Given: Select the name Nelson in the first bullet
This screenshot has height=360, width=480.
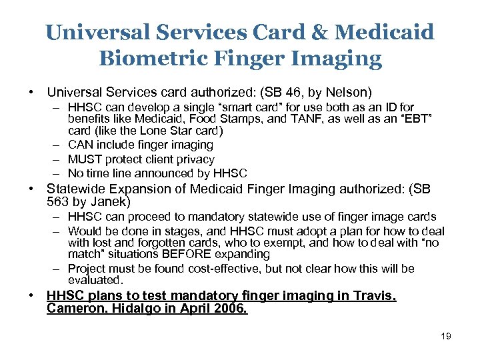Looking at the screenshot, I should (347, 91).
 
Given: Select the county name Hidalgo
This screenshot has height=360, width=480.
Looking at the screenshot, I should (133, 309).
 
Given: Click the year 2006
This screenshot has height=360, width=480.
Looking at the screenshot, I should (231, 309).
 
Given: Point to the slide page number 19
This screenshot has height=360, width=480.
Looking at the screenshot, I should (445, 336).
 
